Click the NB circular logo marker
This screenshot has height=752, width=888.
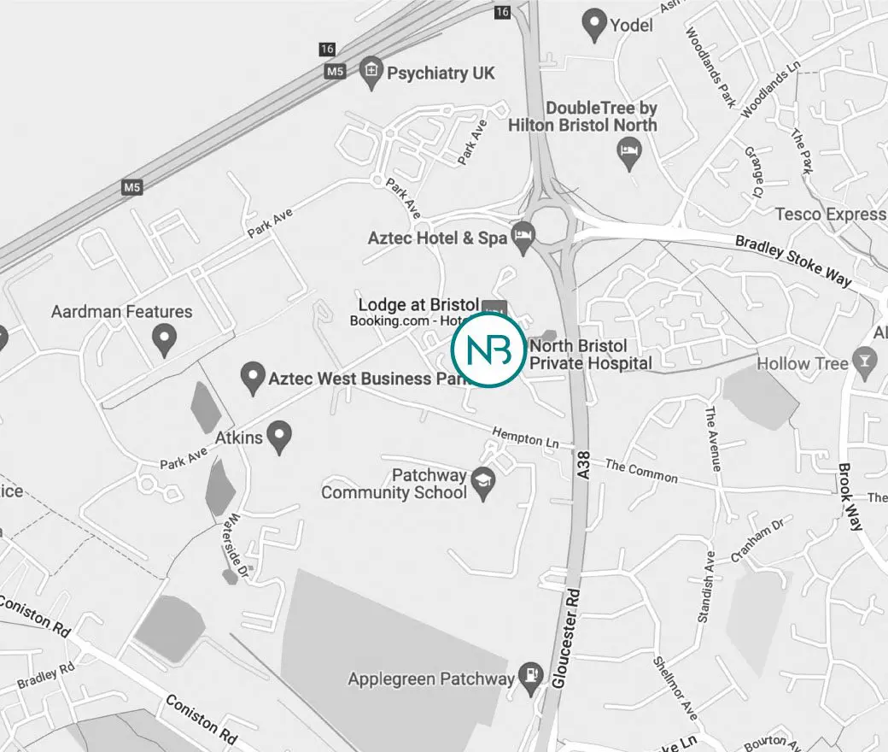(x=488, y=350)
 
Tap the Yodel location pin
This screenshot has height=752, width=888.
(x=593, y=24)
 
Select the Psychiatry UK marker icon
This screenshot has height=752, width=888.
(x=371, y=73)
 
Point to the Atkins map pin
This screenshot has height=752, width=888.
(x=277, y=438)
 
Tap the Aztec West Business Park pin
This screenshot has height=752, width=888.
(x=252, y=378)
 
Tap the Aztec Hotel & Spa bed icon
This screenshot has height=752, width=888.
(x=523, y=238)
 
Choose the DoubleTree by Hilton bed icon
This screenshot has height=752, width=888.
(x=630, y=154)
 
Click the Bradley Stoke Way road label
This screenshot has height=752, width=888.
(x=793, y=261)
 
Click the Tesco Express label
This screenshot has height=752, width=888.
(x=830, y=214)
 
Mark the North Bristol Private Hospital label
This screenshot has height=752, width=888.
(x=589, y=355)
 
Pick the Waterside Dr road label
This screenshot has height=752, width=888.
(x=237, y=546)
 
